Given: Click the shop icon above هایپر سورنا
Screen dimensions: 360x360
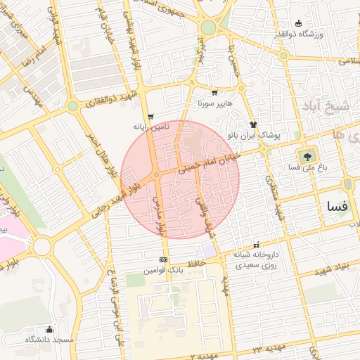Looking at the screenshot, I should coord(214,92).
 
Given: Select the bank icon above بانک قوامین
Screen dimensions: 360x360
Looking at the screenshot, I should coord(163,259).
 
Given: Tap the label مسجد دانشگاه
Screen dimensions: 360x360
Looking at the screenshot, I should coord(49,340).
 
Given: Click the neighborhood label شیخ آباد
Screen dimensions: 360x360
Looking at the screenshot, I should coord(327,106).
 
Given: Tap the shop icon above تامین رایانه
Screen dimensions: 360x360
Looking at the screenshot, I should coord(150,116).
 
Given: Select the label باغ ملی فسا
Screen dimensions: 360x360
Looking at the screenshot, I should coord(304,168).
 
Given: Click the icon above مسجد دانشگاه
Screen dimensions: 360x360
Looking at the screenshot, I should coord(49,329).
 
